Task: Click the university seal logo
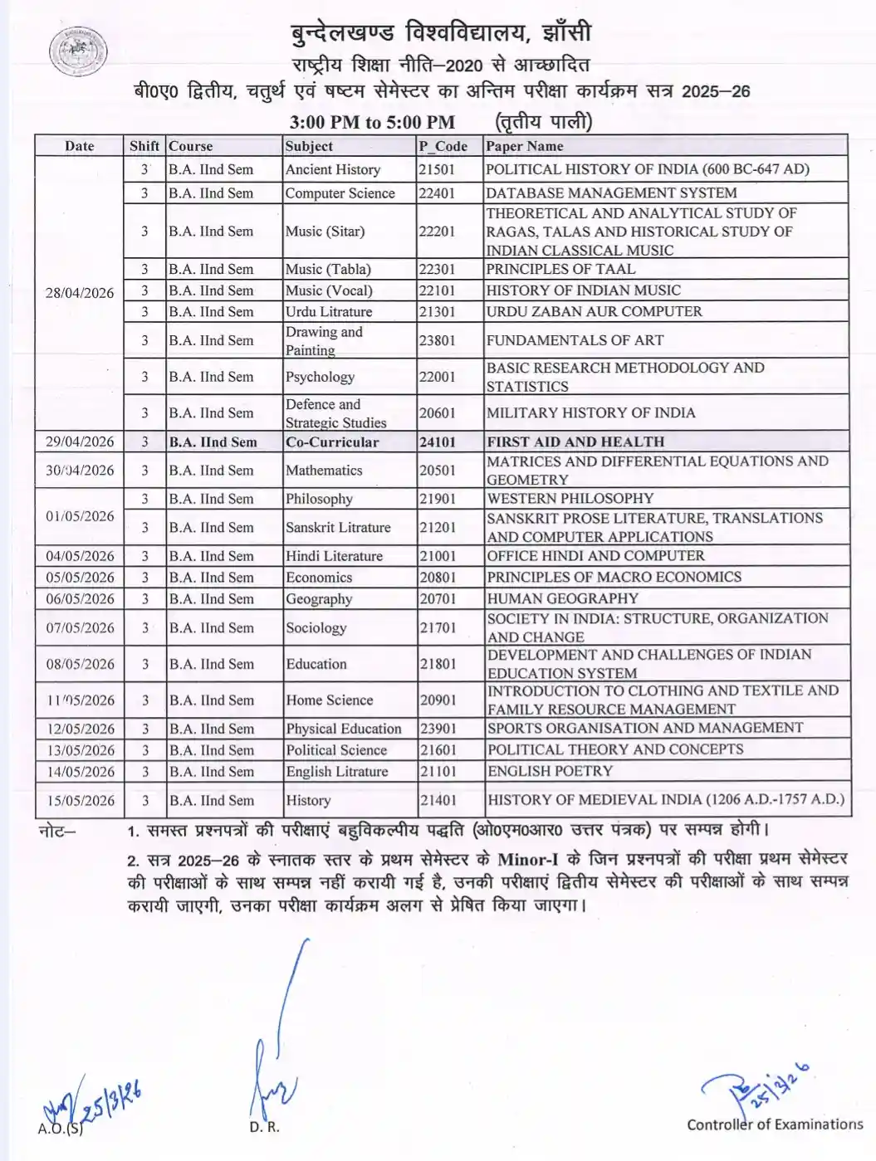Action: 78,52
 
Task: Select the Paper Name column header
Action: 525,146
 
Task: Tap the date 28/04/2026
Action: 79,293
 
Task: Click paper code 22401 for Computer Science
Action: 437,193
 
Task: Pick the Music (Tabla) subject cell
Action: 328,269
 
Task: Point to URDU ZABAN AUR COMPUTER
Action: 594,311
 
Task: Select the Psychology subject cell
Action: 320,377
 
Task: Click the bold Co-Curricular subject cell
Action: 332,442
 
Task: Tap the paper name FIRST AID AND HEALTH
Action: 575,442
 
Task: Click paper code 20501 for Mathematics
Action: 437,471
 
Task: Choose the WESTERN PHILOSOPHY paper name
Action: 570,499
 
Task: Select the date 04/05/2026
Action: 80,556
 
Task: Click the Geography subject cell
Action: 319,599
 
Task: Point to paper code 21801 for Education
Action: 438,664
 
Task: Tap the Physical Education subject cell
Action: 344,729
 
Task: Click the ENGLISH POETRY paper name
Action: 550,771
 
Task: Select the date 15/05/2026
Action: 80,801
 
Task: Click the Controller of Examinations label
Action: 775,1124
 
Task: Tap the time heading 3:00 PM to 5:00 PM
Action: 372,123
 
